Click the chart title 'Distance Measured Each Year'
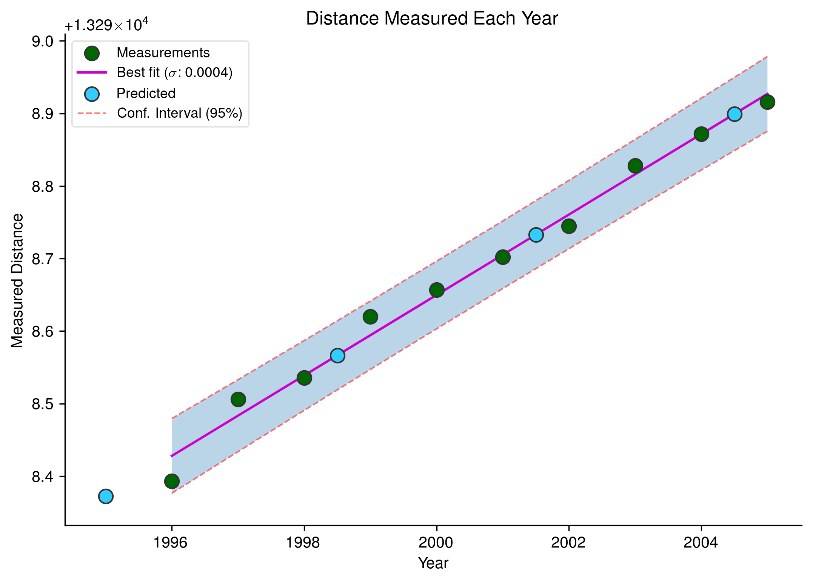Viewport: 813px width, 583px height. [x=432, y=18]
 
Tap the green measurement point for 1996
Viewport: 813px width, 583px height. [x=172, y=481]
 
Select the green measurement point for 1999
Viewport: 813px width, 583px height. [x=370, y=317]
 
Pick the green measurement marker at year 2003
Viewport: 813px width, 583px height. [x=635, y=166]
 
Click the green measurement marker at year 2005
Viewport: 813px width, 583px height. [x=768, y=102]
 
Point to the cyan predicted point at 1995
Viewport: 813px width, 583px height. [x=106, y=496]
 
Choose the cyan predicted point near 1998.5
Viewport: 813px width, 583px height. [x=337, y=355]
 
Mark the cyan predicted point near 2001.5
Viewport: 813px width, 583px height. [x=536, y=235]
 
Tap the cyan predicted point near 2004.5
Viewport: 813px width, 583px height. [x=734, y=114]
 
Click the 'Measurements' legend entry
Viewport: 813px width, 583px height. [x=163, y=53]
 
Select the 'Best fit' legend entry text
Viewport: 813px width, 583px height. [x=174, y=72]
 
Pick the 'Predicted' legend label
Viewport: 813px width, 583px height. [x=146, y=93]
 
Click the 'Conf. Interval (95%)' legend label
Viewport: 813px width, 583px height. [x=180, y=113]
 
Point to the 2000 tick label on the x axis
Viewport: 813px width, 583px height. [x=436, y=543]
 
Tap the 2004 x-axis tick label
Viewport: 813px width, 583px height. [x=701, y=543]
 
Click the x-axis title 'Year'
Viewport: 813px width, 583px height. [x=433, y=563]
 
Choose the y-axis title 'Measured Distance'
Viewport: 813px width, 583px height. [x=17, y=280]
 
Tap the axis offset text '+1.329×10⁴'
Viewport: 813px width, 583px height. [x=106, y=26]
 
